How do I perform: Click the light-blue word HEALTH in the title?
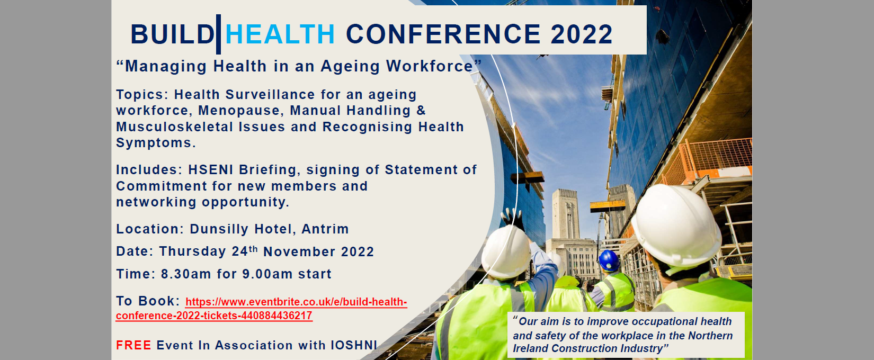pyautogui.click(x=280, y=34)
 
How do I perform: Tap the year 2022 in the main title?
pyautogui.click(x=582, y=34)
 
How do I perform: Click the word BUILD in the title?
pyautogui.click(x=172, y=34)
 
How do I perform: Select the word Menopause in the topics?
pyautogui.click(x=239, y=111)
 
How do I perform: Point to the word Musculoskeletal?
pyautogui.click(x=174, y=127)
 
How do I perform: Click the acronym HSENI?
pyautogui.click(x=211, y=169)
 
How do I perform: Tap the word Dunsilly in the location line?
pyautogui.click(x=219, y=229)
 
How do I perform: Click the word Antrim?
pyautogui.click(x=325, y=229)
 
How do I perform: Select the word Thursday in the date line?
pyautogui.click(x=192, y=251)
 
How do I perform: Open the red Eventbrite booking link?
pyautogui.click(x=262, y=309)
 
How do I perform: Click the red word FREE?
pyautogui.click(x=133, y=345)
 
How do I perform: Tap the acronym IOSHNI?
pyautogui.click(x=354, y=345)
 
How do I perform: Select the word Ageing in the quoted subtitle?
pyautogui.click(x=350, y=66)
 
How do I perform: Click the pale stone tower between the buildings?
pyautogui.click(x=565, y=214)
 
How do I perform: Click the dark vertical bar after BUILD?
pyautogui.click(x=218, y=34)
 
